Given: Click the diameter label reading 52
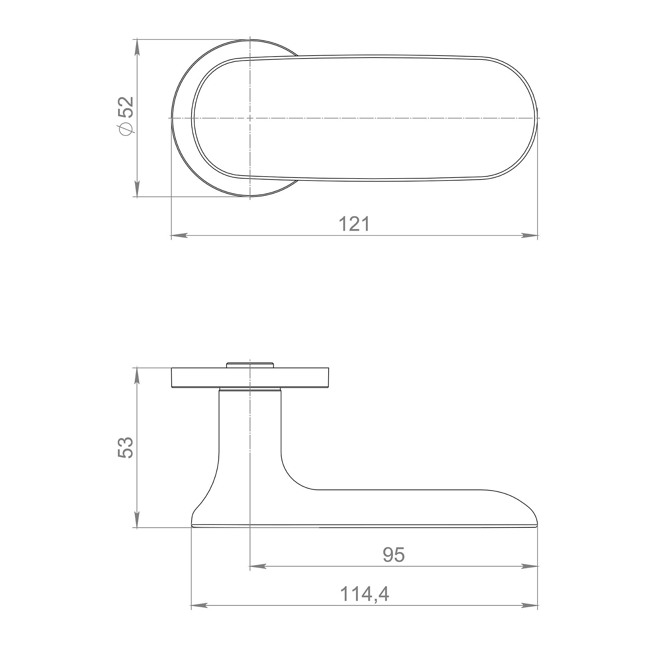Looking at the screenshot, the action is pyautogui.click(x=126, y=107).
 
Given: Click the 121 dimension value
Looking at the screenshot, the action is pyautogui.click(x=354, y=224).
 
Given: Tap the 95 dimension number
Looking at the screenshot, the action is pyautogui.click(x=394, y=555).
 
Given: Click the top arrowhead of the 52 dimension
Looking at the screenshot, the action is pyautogui.click(x=137, y=47).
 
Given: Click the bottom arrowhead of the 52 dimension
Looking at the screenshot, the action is pyautogui.click(x=137, y=189).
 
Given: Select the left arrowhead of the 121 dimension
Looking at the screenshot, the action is pyautogui.click(x=180, y=235).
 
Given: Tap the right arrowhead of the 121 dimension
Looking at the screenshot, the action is pyautogui.click(x=529, y=235).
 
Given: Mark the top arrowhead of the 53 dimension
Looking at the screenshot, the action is pyautogui.click(x=137, y=375).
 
